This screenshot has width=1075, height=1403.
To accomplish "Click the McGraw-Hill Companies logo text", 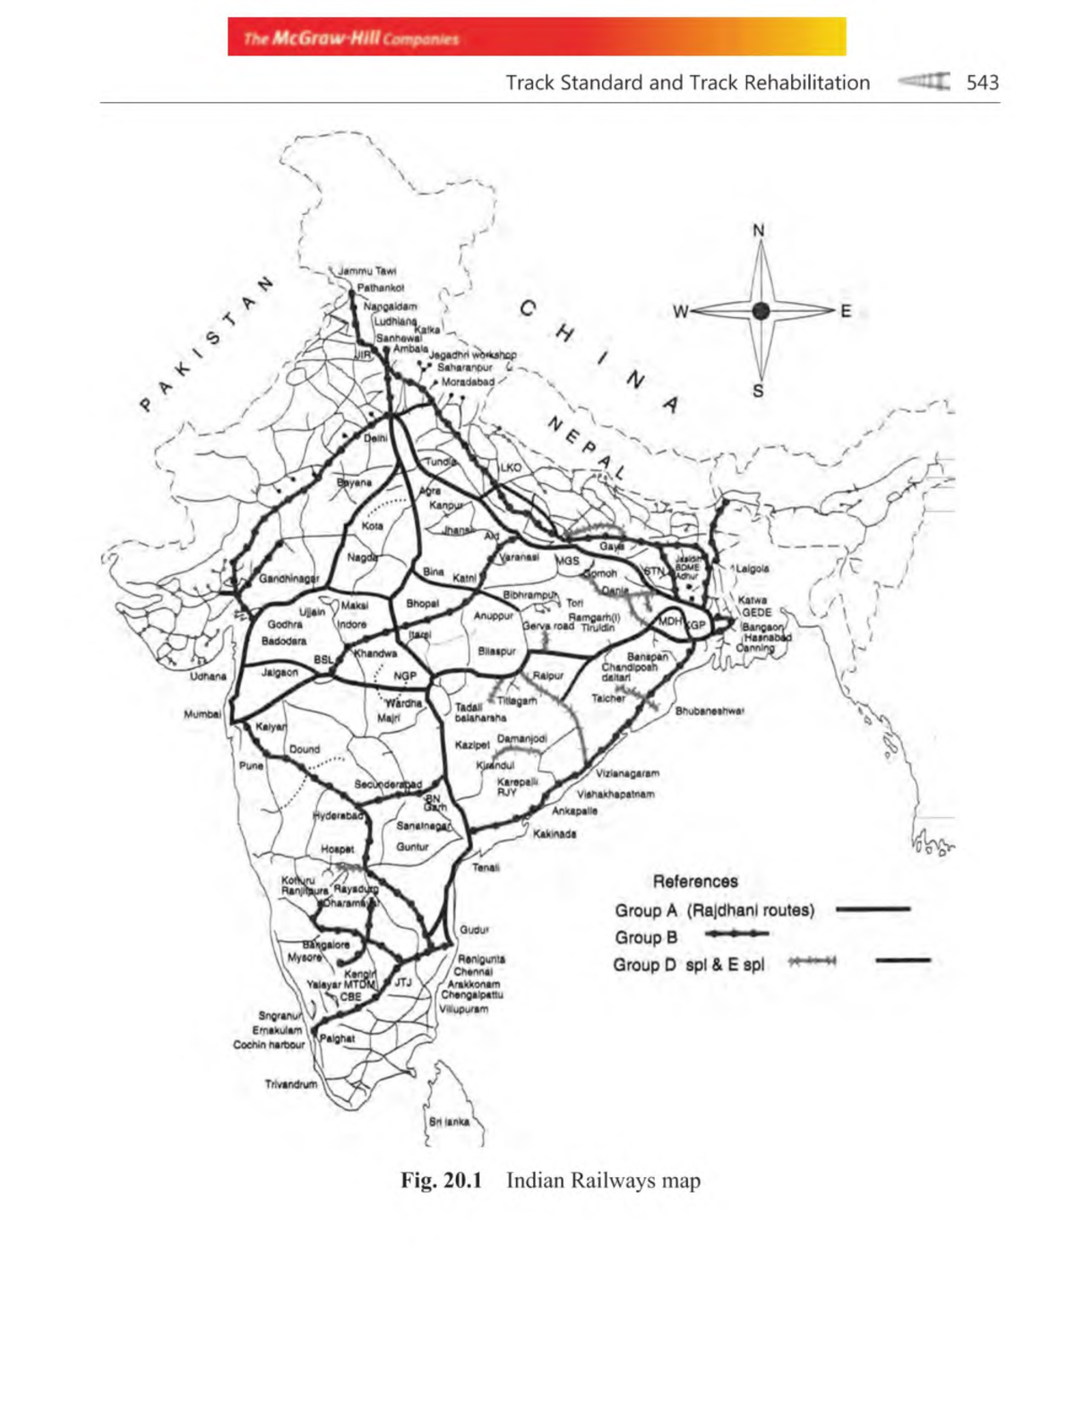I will (x=351, y=39).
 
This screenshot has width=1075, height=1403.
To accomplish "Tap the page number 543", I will (x=982, y=82).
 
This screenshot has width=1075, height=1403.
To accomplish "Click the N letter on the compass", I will (x=759, y=230).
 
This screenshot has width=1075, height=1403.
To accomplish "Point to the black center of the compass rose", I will (x=761, y=311).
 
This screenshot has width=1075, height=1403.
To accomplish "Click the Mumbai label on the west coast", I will (x=202, y=714).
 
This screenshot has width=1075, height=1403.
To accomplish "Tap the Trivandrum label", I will (x=290, y=1084).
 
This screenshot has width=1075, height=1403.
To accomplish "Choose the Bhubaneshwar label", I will (x=709, y=711).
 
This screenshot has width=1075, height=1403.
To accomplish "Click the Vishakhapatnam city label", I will (x=615, y=794).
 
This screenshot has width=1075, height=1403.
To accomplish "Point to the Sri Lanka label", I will (x=449, y=1122).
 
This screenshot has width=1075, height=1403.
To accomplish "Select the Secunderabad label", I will (x=387, y=785).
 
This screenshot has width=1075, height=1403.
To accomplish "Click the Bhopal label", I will (x=422, y=603).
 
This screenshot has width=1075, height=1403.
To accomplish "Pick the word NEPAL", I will (x=586, y=447).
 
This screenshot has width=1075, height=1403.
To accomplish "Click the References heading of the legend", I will (x=695, y=882).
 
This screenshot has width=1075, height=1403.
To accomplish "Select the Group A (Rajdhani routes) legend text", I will (x=714, y=910).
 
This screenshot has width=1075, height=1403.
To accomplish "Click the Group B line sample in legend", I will (x=736, y=934).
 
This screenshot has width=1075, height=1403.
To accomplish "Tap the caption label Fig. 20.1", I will (x=441, y=1180).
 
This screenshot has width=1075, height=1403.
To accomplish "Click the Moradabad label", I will (x=468, y=382).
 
